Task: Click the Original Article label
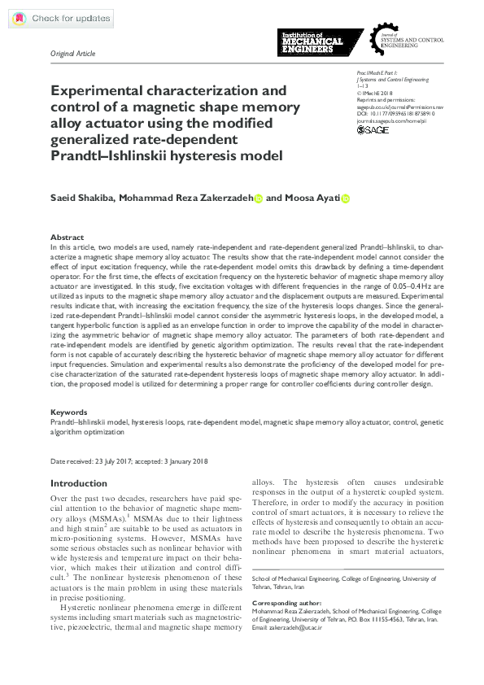72,54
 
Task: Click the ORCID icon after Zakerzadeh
259,198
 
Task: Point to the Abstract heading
67,238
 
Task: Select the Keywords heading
68,412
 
